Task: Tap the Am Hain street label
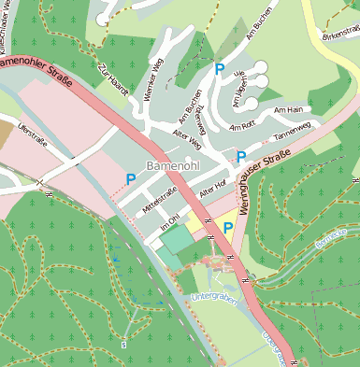point(289,110)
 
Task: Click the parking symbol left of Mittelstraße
point(131,177)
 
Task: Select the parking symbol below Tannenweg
point(241,156)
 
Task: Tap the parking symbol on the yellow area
point(227,226)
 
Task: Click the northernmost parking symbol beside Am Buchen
point(220,68)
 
